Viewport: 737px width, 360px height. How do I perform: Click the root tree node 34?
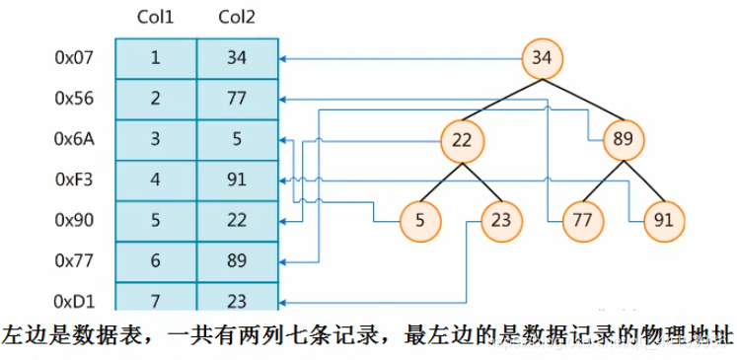point(541,57)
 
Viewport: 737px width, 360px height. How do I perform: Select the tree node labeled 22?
point(462,140)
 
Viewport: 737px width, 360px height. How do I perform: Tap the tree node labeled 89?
point(622,140)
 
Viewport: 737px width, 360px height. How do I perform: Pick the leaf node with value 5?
point(421,220)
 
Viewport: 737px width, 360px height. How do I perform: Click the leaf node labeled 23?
point(500,220)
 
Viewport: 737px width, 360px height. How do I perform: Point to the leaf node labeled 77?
point(581,220)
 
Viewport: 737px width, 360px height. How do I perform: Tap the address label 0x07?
point(74,58)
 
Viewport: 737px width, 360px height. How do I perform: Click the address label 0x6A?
point(74,139)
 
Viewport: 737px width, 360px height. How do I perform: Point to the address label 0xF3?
point(74,180)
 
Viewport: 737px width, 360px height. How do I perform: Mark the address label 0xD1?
point(74,300)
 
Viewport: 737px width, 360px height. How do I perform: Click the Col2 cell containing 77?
point(237,99)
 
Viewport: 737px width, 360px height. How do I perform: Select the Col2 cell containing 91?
point(237,180)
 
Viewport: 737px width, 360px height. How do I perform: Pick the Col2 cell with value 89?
point(237,261)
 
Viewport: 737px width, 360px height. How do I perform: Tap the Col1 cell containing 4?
point(156,180)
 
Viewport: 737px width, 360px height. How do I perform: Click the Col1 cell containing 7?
point(156,300)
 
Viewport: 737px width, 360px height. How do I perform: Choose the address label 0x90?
point(74,220)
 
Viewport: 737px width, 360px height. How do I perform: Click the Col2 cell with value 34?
point(237,58)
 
